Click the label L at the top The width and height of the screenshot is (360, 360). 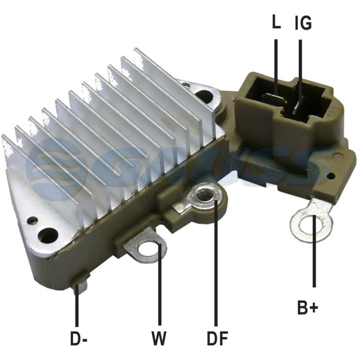[276, 22]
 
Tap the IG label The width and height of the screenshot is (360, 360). [303, 22]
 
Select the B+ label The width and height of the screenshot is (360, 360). [308, 308]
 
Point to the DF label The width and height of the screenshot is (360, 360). [217, 338]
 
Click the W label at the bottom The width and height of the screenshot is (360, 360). [159, 338]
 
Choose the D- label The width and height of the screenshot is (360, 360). [78, 338]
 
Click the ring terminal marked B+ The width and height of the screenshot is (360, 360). [311, 220]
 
